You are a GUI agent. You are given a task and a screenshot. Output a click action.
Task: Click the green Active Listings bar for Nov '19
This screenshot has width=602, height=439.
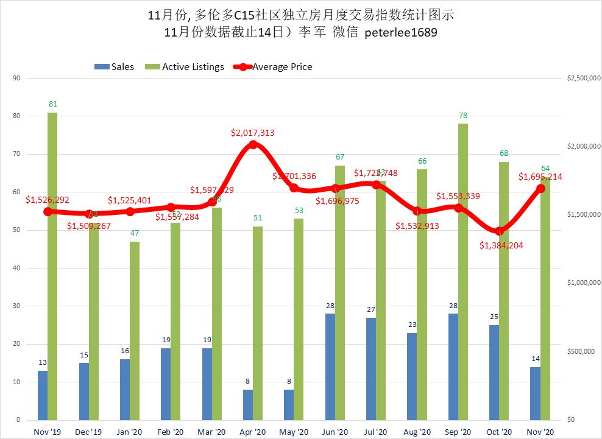pos(52,266)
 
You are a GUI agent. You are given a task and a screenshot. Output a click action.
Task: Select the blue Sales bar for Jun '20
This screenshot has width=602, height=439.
pos(330,367)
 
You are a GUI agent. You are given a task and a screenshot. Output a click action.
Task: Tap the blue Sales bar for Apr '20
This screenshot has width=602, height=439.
pos(247,404)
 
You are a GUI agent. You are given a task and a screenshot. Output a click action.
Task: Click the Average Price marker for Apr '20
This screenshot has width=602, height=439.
pos(253,145)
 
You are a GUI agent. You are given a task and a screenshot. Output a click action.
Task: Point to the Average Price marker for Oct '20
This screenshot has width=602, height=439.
pos(500,231)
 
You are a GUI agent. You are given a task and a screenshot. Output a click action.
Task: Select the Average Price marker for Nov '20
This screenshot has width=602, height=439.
pos(540,189)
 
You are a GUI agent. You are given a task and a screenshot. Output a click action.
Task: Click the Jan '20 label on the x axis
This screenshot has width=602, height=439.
pos(129,431)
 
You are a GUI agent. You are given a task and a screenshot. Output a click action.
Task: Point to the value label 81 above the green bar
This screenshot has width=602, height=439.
pos(52,105)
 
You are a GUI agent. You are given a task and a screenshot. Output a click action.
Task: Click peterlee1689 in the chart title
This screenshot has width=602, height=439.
pos(400,33)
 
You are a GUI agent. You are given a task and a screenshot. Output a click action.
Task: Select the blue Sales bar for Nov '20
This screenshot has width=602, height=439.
pos(536,393)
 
